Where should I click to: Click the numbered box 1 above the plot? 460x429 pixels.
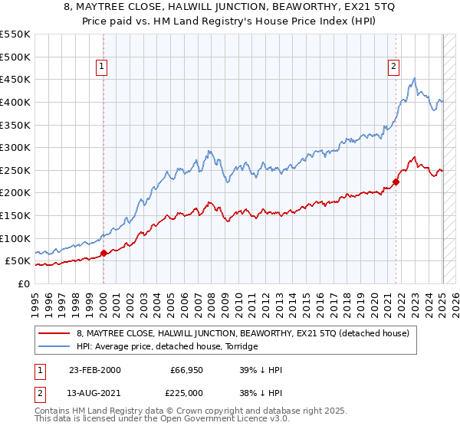click(103, 67)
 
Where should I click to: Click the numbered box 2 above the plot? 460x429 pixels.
click(393, 67)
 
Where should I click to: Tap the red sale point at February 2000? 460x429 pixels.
click(103, 254)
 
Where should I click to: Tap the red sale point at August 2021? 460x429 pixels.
click(396, 182)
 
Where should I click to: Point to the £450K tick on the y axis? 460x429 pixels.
click(16, 79)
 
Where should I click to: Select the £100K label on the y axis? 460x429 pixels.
click(16, 238)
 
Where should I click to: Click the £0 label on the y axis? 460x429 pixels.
click(24, 283)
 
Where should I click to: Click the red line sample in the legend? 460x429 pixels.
click(55, 333)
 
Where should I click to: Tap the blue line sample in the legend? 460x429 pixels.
click(55, 346)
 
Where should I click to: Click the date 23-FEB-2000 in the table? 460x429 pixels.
click(94, 370)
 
